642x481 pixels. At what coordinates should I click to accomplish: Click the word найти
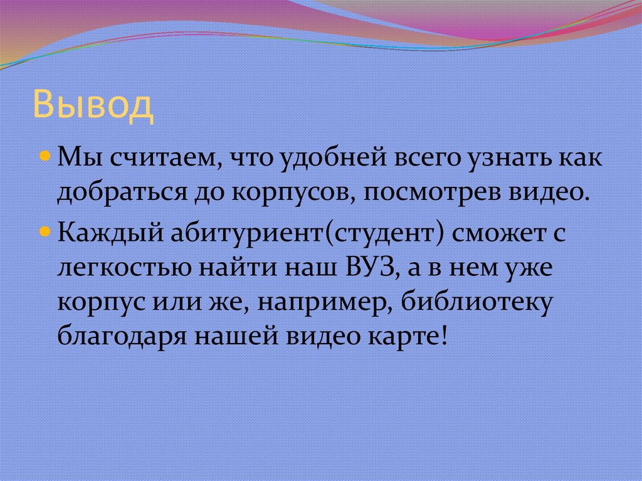[236, 270]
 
